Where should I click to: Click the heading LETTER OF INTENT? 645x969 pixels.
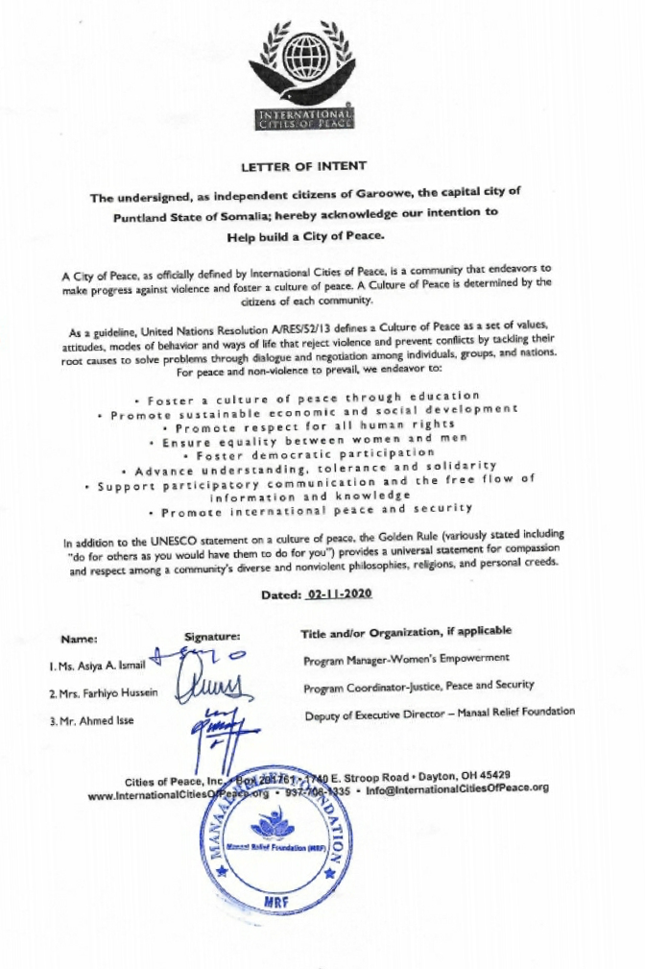[x=303, y=165]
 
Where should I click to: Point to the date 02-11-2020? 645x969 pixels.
[x=339, y=594]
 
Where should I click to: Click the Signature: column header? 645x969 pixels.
[x=211, y=637]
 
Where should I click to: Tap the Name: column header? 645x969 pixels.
[x=79, y=638]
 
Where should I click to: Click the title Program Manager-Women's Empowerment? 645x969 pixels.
[x=406, y=659]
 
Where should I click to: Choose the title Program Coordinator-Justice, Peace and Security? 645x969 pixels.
[x=432, y=687]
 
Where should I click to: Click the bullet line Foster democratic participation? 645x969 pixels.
[x=315, y=453]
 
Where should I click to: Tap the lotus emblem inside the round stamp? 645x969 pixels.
[x=274, y=826]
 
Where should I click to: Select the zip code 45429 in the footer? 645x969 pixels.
[x=492, y=775]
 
